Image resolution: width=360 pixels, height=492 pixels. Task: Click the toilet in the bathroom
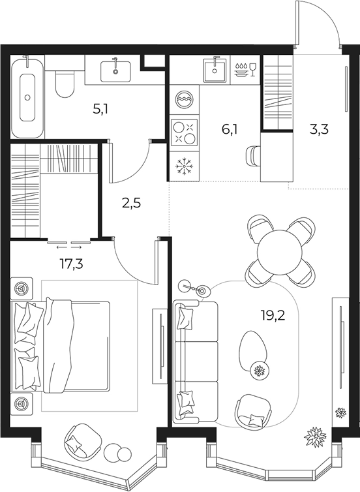[65, 83]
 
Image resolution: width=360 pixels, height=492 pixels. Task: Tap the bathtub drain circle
[27, 98]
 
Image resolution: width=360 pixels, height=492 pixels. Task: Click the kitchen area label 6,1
[229, 129]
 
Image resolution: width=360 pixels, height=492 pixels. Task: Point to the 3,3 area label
[319, 129]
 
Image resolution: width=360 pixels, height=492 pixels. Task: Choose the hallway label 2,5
[131, 204]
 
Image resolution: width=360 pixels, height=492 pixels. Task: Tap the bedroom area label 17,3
[72, 264]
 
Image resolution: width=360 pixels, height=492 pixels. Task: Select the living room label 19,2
[273, 315]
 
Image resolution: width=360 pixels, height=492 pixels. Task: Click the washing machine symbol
[185, 99]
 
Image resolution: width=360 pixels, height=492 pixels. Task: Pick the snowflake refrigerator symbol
[185, 166]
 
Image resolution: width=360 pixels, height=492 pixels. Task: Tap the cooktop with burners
[185, 132]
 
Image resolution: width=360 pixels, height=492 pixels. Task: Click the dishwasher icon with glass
[245, 70]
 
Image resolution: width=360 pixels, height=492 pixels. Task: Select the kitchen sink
[215, 70]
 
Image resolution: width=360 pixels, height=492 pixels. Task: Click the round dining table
[280, 252]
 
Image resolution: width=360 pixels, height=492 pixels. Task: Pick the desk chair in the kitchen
[254, 155]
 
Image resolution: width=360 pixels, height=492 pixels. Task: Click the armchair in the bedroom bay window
[82, 440]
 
